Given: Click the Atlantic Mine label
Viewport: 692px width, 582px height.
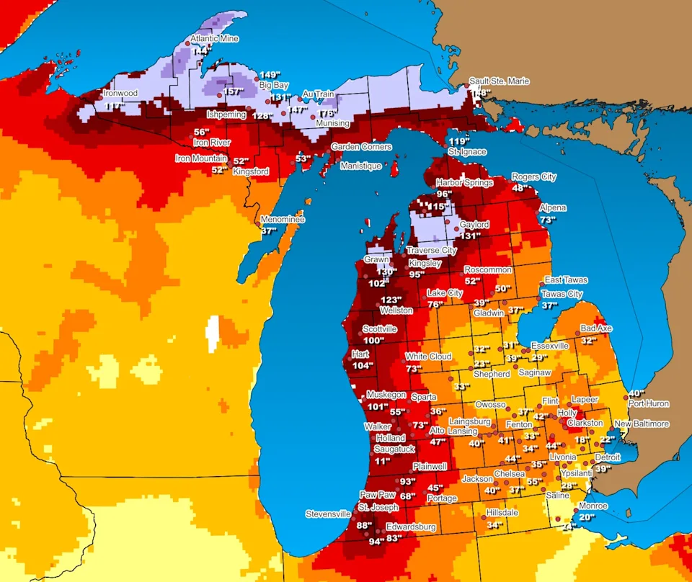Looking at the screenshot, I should click(x=214, y=39).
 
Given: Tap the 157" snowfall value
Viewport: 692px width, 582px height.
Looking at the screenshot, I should click(x=232, y=91).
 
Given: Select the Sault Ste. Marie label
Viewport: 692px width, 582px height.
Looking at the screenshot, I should click(x=499, y=81).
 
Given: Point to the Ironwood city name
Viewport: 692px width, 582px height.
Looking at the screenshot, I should click(x=120, y=93).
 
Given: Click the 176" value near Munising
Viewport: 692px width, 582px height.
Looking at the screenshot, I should click(x=328, y=113).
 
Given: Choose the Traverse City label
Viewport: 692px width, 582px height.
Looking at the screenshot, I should click(x=431, y=251).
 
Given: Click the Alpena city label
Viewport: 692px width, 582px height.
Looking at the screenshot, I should click(x=553, y=208).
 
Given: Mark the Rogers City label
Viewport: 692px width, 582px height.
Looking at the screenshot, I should click(x=534, y=177).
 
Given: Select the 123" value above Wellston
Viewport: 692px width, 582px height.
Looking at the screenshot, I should click(x=390, y=300).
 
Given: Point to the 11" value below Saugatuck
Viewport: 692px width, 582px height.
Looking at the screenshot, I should click(x=382, y=461).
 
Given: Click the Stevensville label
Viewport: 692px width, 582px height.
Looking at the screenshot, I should click(x=328, y=514).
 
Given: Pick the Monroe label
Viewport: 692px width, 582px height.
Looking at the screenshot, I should click(x=592, y=506).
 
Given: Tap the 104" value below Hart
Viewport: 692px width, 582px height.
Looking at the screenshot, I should click(x=363, y=366).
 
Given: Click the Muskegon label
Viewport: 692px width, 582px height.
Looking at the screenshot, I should click(x=386, y=395).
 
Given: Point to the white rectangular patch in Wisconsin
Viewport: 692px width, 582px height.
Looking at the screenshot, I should click(x=213, y=334).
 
